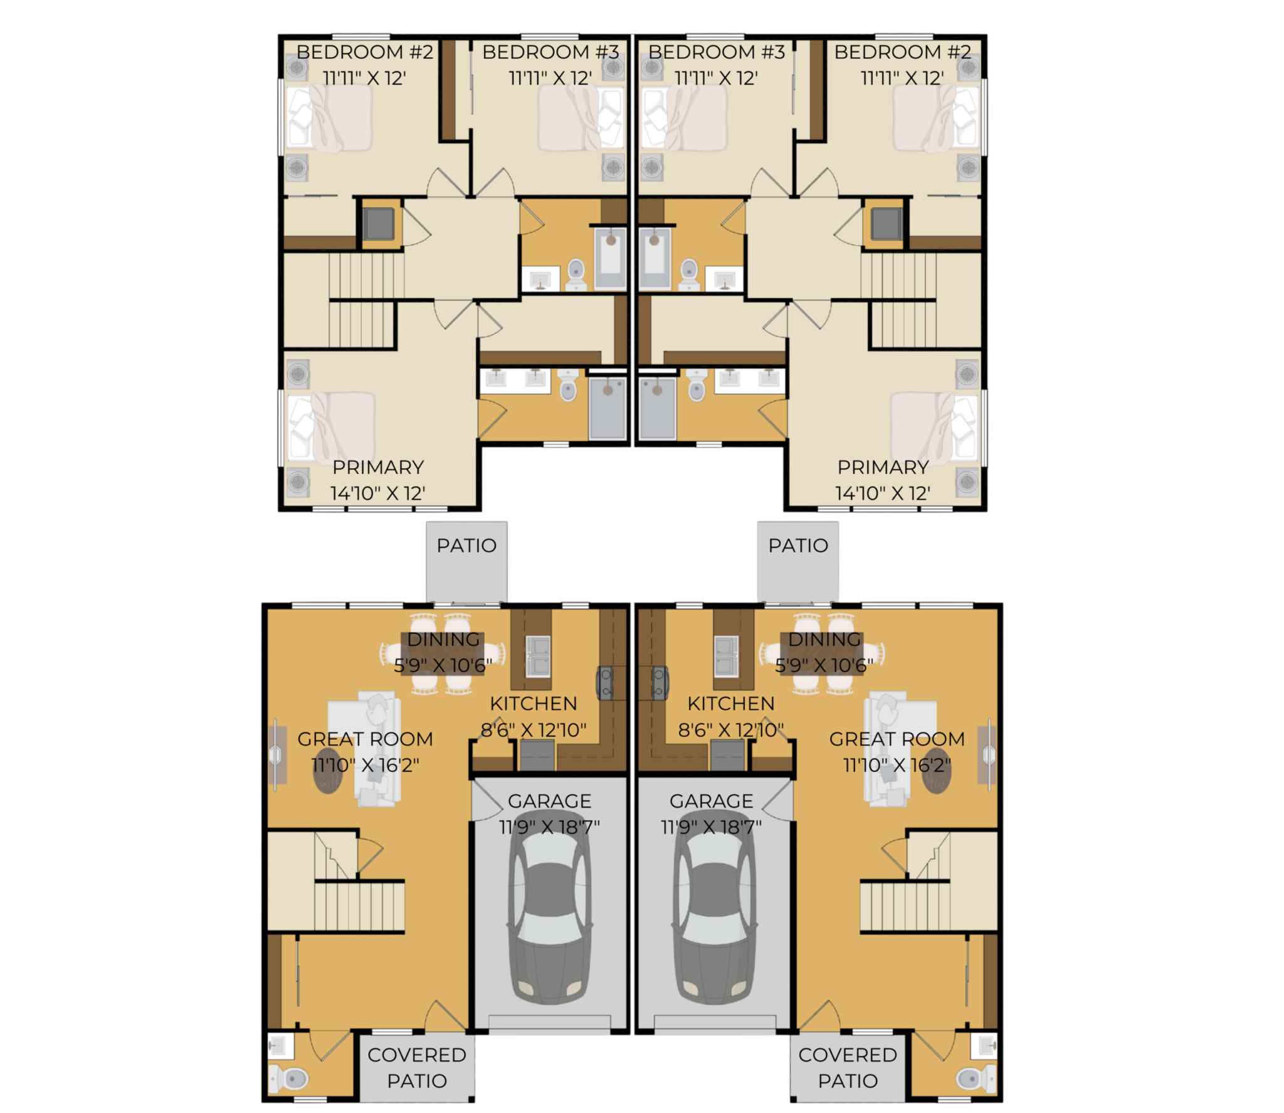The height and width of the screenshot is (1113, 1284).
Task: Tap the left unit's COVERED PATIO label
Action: [x=417, y=1068]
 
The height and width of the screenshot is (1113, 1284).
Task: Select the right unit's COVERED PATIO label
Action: [x=848, y=1068]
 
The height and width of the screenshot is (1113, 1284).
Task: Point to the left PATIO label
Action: [x=466, y=546]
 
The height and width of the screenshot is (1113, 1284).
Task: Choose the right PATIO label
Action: [x=798, y=546]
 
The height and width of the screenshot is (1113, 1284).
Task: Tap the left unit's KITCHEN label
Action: [x=534, y=704]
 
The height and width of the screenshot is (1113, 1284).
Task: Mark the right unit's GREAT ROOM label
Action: [x=897, y=739]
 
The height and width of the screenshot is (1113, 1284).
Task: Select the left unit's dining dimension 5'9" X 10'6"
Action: [x=443, y=665]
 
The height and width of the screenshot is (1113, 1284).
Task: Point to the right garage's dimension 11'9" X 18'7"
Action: [x=711, y=827]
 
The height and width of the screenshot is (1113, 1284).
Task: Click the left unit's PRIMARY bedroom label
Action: [x=378, y=467]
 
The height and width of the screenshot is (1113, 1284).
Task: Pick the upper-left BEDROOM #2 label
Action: [x=365, y=52]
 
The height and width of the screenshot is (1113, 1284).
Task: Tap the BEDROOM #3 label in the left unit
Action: [x=551, y=52]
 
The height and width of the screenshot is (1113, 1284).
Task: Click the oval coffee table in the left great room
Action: [x=328, y=771]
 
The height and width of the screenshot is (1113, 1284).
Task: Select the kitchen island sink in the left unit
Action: [x=538, y=656]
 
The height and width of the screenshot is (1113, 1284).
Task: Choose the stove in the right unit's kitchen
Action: [x=659, y=683]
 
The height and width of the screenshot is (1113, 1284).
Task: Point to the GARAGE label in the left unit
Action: [x=549, y=801]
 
